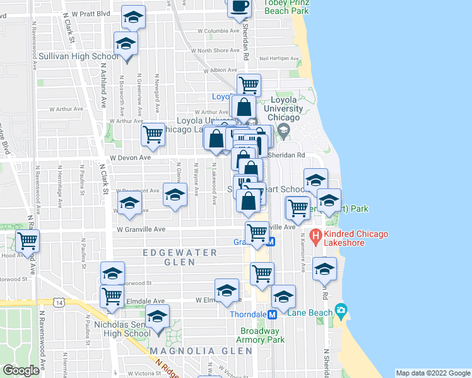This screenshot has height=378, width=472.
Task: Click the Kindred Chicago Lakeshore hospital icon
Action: point(317,240)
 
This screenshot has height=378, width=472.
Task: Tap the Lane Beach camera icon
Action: point(341,310)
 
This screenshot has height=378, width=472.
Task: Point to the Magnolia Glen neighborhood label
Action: point(183,350)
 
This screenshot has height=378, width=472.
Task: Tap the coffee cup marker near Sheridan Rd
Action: point(239,8)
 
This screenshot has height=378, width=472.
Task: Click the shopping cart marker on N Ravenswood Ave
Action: point(27,240)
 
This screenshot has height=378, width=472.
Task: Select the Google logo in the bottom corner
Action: point(21,371)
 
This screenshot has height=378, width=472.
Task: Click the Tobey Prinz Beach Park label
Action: point(286,7)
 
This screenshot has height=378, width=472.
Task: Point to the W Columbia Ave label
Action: point(218,30)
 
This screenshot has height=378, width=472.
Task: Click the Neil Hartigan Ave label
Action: point(278,57)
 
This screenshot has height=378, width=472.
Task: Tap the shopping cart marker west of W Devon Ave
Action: point(153,134)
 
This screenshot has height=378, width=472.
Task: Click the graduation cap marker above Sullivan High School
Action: point(133,18)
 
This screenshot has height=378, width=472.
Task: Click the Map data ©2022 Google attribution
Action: point(432,373)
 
